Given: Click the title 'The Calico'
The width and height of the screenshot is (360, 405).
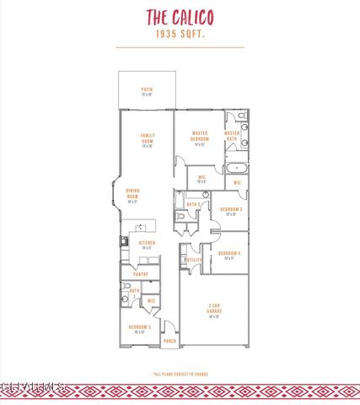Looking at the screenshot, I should [x=180, y=17].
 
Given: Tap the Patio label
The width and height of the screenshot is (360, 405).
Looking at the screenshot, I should [x=147, y=91].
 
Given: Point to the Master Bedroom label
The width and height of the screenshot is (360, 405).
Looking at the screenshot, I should [x=200, y=137].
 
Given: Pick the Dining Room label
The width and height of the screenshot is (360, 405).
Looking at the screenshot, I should [x=132, y=196].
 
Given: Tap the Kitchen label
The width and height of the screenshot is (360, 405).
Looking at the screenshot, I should [x=147, y=245].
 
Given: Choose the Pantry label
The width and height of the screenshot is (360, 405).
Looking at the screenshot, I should [x=140, y=274].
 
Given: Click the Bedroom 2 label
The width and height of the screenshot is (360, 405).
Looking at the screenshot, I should [x=231, y=211].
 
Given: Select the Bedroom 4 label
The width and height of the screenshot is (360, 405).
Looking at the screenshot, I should [x=229, y=255].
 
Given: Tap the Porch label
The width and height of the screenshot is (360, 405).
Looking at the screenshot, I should [x=169, y=341].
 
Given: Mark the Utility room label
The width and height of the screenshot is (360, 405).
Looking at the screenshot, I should [x=194, y=260].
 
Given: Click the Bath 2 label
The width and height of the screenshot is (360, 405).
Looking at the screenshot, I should [x=192, y=204].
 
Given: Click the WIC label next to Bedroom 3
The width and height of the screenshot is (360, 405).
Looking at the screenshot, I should [x=151, y=300].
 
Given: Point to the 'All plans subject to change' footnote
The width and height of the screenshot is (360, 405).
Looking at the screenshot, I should [x=180, y=374].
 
